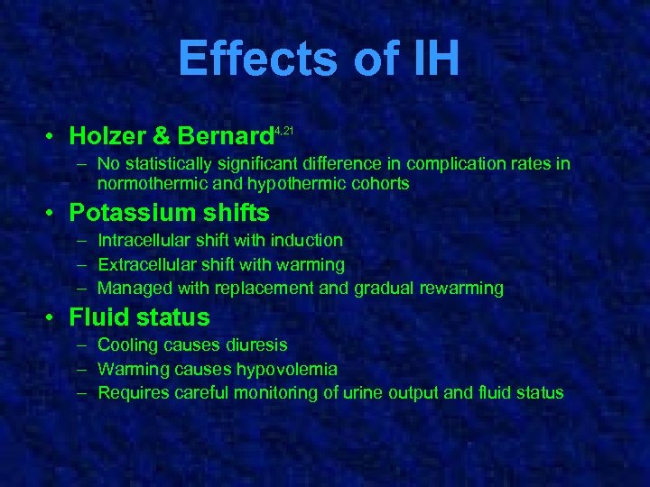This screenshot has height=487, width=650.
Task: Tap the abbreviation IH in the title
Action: pyautogui.click(x=432, y=60)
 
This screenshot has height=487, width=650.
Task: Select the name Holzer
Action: pyautogui.click(x=108, y=136)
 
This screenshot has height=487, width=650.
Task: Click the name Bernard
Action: pyautogui.click(x=225, y=136)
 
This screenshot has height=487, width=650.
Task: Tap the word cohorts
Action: pyautogui.click(x=379, y=183)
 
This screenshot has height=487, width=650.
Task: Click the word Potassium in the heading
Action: pyautogui.click(x=135, y=213)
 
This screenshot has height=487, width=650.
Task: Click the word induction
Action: pyautogui.click(x=310, y=241)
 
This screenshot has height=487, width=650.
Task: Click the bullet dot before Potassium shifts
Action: pyautogui.click(x=55, y=214)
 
